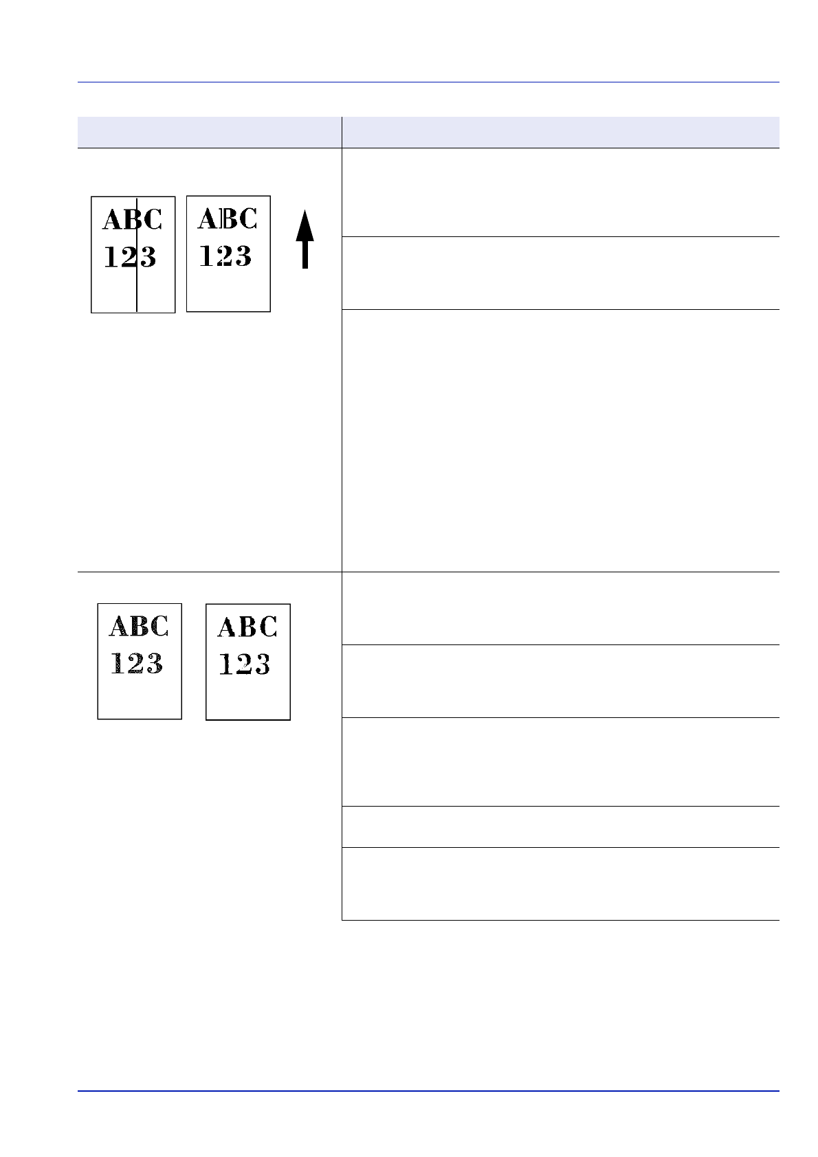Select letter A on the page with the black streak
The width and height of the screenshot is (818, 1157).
[x=113, y=220]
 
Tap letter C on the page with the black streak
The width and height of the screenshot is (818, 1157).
[x=153, y=220]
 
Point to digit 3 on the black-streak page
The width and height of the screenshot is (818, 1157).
[x=147, y=258]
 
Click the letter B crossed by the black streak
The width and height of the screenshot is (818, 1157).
[x=133, y=220]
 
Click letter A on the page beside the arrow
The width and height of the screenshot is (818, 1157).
[x=208, y=218]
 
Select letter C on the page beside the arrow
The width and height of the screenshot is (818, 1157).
[x=247, y=218]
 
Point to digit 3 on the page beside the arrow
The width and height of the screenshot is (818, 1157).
[x=242, y=256]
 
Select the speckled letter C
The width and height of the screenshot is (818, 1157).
[x=159, y=627]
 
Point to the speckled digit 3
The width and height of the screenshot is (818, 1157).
[x=154, y=664]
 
